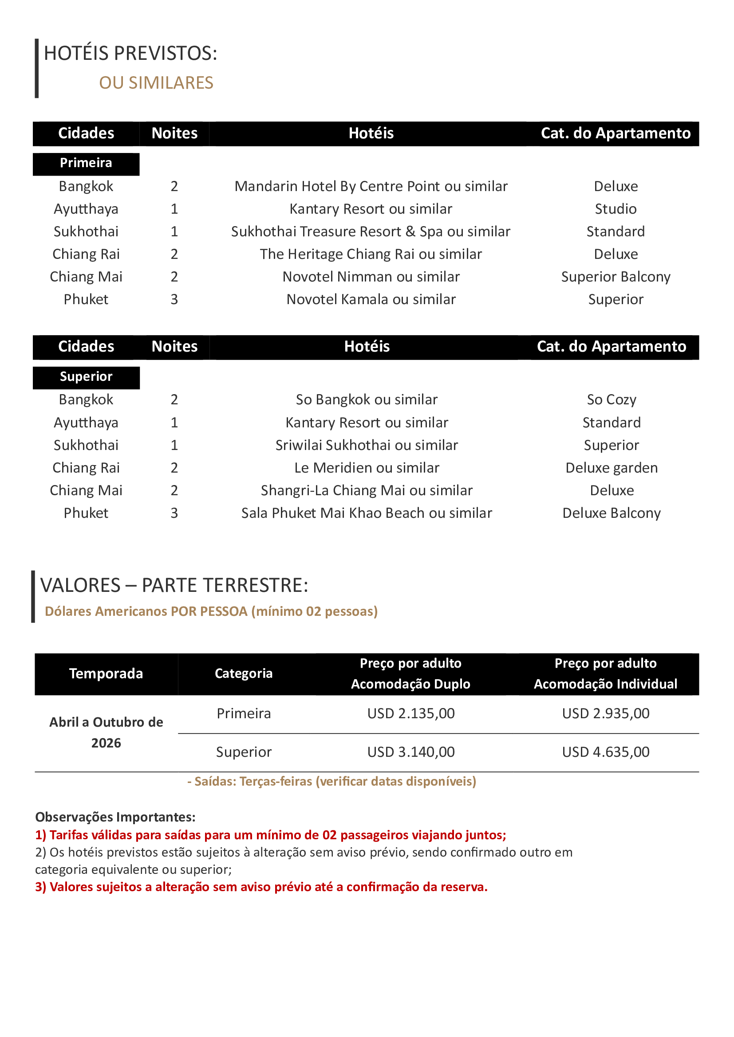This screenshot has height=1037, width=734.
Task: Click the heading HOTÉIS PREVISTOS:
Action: click(x=130, y=53)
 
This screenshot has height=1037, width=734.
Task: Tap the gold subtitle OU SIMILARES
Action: click(x=156, y=83)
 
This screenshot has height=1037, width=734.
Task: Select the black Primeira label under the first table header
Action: click(x=86, y=163)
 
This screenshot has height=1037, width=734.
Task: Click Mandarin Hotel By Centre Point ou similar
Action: click(x=371, y=186)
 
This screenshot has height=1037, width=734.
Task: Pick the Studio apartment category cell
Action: click(x=615, y=209)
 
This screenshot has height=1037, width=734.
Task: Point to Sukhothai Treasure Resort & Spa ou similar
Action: click(x=371, y=231)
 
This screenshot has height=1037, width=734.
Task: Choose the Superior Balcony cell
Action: click(x=615, y=276)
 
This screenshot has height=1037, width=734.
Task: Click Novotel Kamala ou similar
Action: click(x=371, y=299)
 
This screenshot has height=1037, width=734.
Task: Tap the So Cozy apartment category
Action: click(x=611, y=399)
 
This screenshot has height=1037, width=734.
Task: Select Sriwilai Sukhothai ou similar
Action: click(x=367, y=445)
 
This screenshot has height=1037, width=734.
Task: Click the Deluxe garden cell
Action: click(x=611, y=467)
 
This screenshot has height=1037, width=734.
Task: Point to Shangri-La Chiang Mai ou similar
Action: click(x=367, y=490)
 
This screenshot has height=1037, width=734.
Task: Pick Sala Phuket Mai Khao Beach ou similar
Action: click(x=367, y=513)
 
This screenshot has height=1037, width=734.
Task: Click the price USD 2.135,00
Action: click(x=410, y=713)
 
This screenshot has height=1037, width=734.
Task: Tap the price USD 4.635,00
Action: click(x=605, y=751)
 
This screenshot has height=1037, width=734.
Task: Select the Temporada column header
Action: click(x=106, y=673)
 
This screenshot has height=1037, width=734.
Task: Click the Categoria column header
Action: click(x=243, y=673)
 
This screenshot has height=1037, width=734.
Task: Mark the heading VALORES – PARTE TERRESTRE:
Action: click(x=174, y=585)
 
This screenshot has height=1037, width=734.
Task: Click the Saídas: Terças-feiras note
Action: click(x=332, y=781)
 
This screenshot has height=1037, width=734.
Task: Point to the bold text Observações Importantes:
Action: click(x=115, y=817)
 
